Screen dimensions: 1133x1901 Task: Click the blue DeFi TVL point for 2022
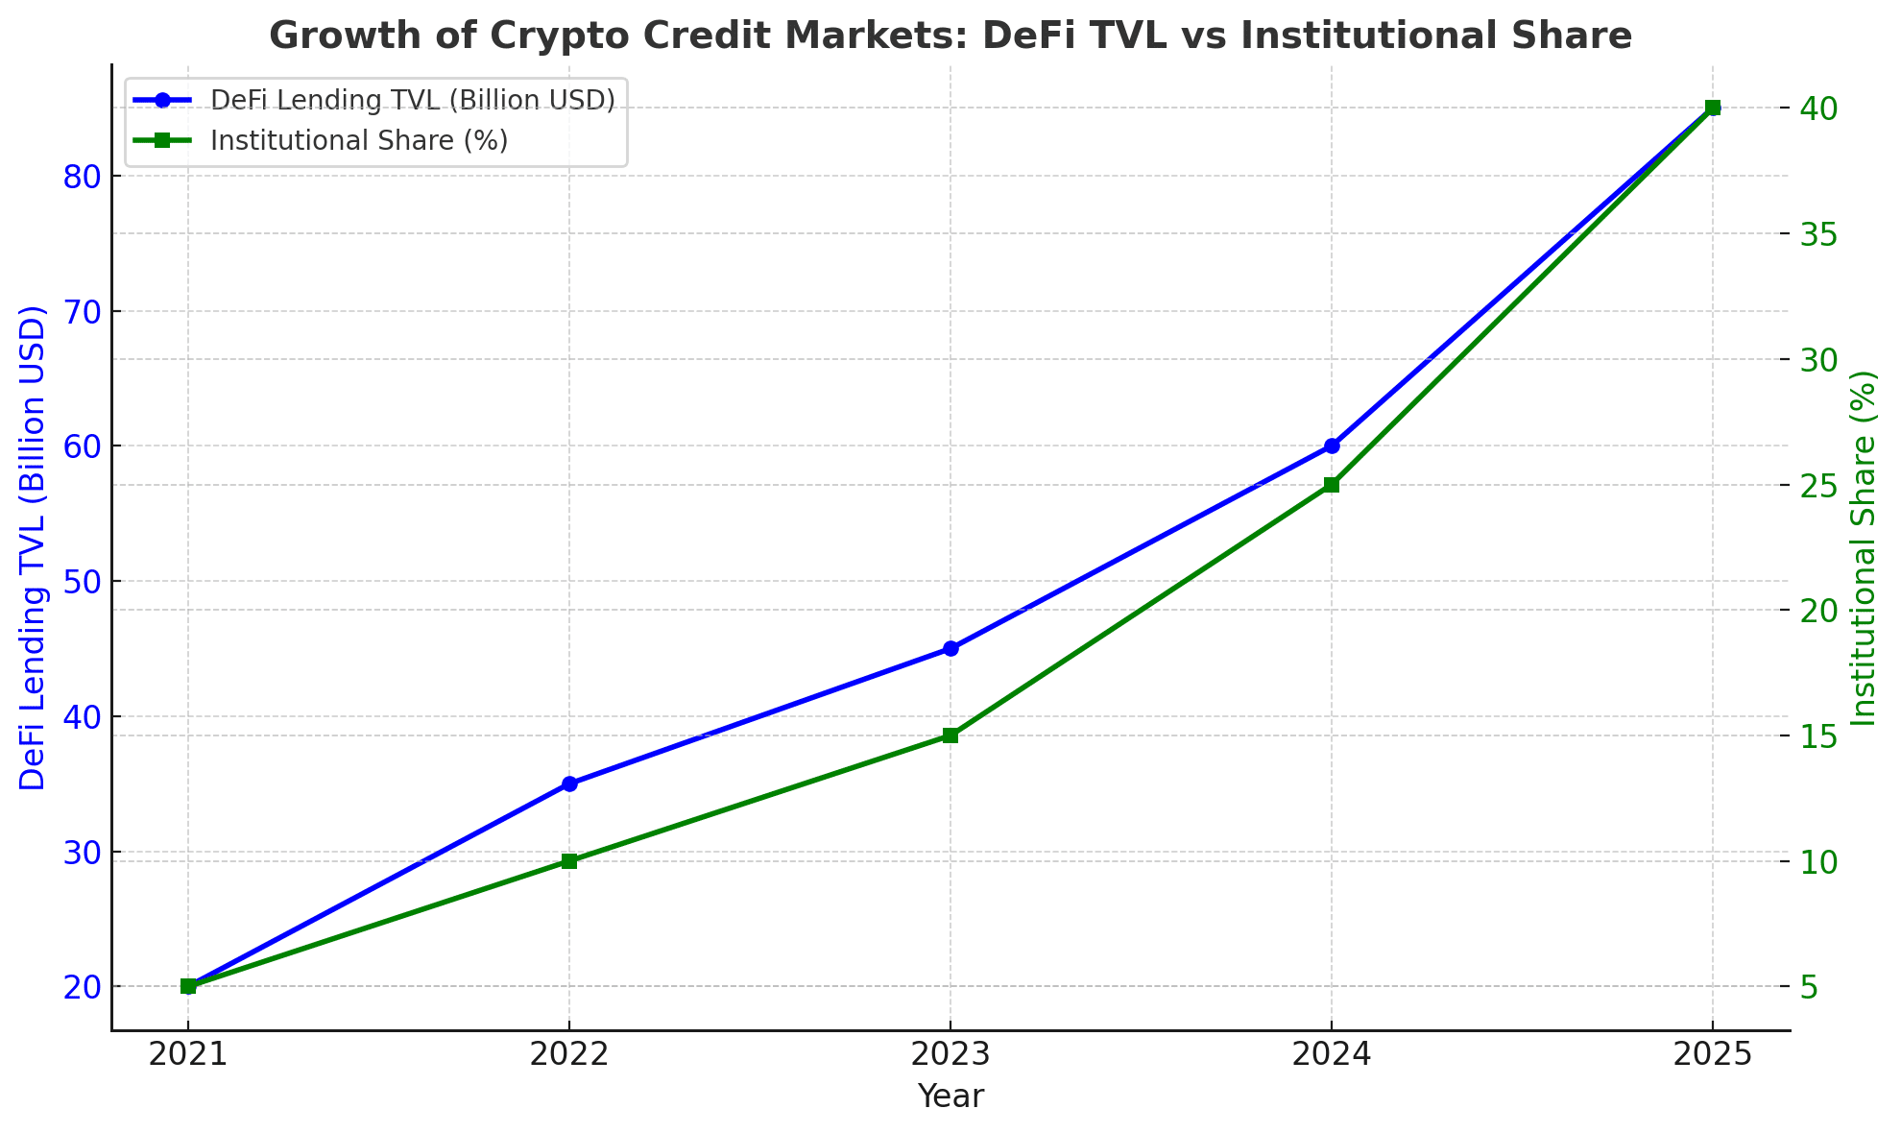[x=569, y=783]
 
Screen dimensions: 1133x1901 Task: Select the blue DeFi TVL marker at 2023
[x=950, y=648]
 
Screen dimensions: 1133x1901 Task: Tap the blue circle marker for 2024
[x=1332, y=446]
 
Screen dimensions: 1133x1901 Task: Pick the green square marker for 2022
[x=569, y=861]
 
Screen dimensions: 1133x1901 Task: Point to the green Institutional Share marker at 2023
[x=950, y=735]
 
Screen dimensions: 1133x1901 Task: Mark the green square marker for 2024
[x=1332, y=485]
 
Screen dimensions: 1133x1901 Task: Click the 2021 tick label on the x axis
[x=188, y=1055]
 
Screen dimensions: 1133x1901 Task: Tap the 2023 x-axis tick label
[x=950, y=1055]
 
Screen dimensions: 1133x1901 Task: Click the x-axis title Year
[x=950, y=1097]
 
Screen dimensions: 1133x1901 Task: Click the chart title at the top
[x=950, y=36]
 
